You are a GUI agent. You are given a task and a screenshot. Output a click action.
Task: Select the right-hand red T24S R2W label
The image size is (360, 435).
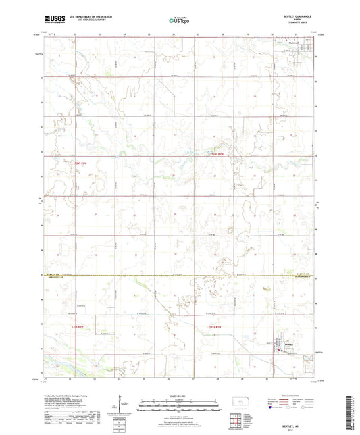(x=217, y=156)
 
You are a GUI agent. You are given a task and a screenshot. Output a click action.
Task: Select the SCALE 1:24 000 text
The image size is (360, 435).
(x=179, y=395)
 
